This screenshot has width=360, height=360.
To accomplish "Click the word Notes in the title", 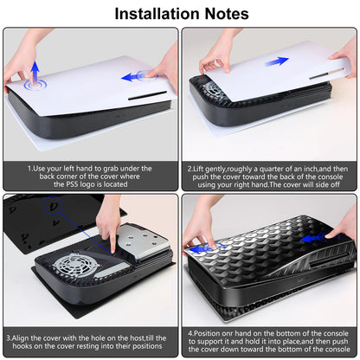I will click(x=223, y=14).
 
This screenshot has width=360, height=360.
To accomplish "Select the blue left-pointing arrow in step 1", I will click(x=132, y=77).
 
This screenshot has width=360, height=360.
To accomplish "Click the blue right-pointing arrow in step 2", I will click(x=277, y=61).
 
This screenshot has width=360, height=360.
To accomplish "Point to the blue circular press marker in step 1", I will click(x=35, y=85).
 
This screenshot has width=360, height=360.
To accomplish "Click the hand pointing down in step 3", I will click(x=107, y=219).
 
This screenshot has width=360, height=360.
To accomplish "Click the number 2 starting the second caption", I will click(x=190, y=169).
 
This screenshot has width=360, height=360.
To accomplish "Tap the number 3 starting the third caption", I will click(x=8, y=333).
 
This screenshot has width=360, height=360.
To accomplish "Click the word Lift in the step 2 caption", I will click(x=204, y=169).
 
